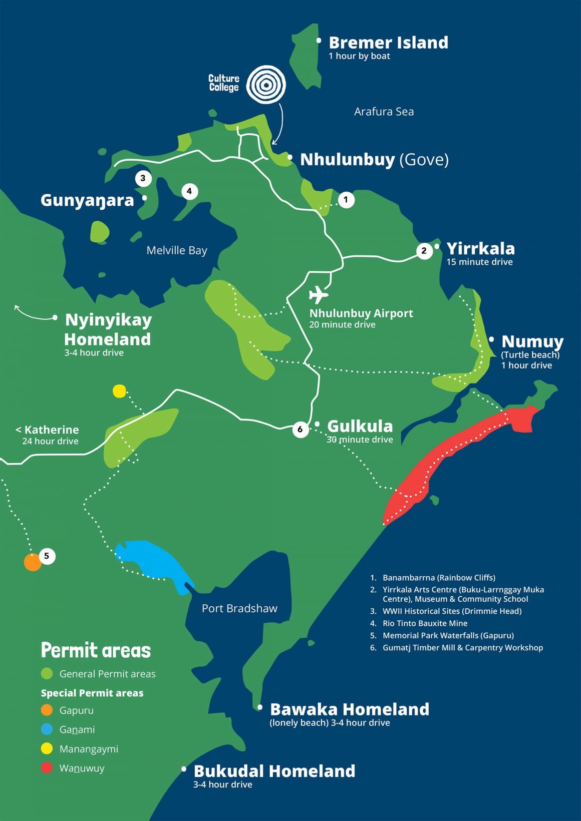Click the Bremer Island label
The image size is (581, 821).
coord(388,43)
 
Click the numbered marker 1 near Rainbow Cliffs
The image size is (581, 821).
coord(346,200)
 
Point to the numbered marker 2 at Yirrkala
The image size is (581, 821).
coord(424,250)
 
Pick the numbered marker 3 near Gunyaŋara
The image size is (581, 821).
coord(143,178)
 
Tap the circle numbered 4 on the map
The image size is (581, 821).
coord(189,191)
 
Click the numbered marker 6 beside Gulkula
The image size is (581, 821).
coord(300,429)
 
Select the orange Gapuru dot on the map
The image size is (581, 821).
coord(33,562)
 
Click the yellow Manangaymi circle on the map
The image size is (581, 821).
coord(119,391)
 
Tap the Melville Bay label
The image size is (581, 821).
coord(177,250)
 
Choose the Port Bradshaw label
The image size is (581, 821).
coord(239,608)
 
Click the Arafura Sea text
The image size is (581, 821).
coord(384,112)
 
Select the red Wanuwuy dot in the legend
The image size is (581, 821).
coord(47,768)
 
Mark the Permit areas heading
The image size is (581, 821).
coord(96,650)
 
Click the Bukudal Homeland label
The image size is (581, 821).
coord(274,771)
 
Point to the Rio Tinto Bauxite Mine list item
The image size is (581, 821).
coord(425,623)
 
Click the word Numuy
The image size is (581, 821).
coord(532,341)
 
